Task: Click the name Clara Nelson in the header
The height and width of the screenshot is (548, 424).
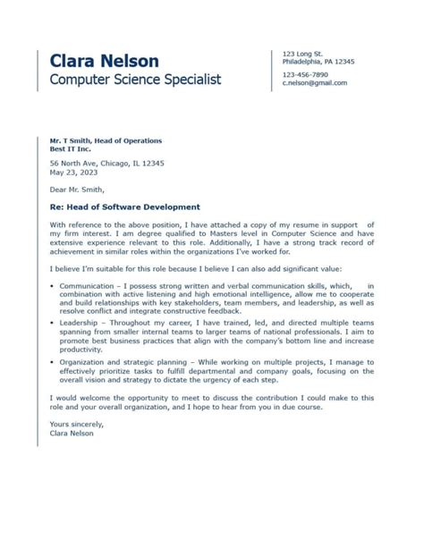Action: click(105, 61)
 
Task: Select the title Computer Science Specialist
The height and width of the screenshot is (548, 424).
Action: click(135, 80)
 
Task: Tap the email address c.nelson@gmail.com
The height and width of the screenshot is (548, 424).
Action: click(314, 82)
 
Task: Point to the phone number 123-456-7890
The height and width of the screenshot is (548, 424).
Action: click(305, 74)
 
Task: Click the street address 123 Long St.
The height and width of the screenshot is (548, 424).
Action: click(302, 54)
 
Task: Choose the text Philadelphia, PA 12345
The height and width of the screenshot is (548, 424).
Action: click(318, 62)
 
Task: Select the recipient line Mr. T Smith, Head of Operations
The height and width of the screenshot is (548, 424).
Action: click(106, 141)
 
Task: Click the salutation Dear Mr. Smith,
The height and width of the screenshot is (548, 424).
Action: click(77, 189)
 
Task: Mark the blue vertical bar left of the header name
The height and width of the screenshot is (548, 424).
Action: click(38, 70)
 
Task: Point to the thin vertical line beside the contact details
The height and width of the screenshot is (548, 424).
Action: click(272, 70)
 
